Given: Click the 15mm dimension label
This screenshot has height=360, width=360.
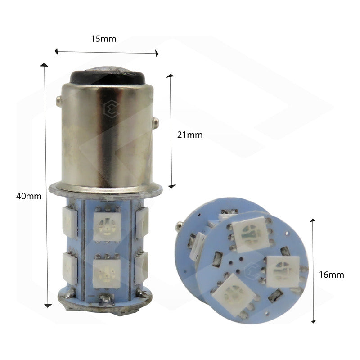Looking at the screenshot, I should [x=103, y=39].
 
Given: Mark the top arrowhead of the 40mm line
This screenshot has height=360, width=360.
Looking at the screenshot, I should [x=44, y=66].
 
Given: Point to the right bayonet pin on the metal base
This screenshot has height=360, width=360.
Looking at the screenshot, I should [x=156, y=121].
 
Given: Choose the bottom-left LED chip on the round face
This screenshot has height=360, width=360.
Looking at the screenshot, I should [x=234, y=293].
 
